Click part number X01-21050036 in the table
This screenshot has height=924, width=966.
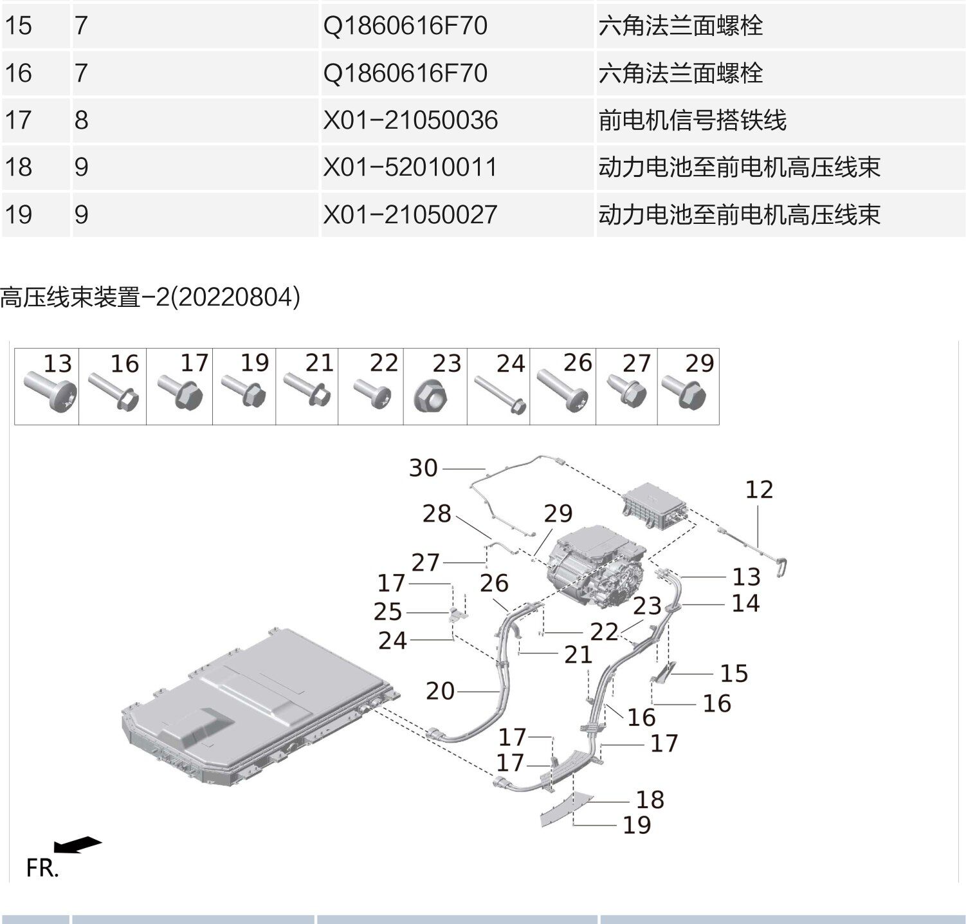coord(410,120)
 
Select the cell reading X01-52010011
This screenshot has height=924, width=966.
coord(410,167)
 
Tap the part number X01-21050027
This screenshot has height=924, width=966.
coord(410,214)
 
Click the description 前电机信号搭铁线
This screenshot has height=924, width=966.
coord(692,120)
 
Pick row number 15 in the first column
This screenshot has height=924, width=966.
coord(18,26)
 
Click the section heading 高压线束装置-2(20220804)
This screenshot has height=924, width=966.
coord(150,297)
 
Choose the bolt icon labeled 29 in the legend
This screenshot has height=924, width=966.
coord(684,393)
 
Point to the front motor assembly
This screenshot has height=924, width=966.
coord(595,566)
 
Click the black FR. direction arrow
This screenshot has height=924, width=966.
coord(77,845)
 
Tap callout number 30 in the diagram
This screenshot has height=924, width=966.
coord(423,468)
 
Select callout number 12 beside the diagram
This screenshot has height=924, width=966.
coord(759,490)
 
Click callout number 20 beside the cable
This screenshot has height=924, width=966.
coord(440,691)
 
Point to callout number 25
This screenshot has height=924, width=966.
coord(387,611)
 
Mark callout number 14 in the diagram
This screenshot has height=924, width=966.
coord(746,604)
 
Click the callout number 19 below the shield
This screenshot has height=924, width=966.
coord(637,825)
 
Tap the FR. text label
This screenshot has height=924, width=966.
coord(42,868)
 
